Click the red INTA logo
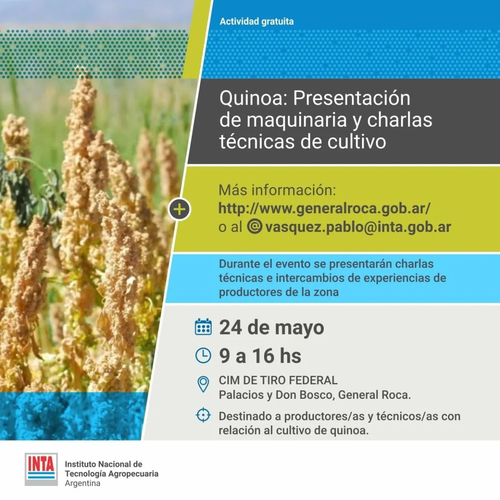(x=41, y=469)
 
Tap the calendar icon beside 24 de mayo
(x=203, y=327)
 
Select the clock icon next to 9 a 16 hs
(x=203, y=355)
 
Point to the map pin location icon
(x=203, y=384)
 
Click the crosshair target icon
(x=203, y=415)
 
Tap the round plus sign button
(x=179, y=210)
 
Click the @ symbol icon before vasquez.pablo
(x=255, y=226)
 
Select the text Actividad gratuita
(x=256, y=21)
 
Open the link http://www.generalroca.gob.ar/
(x=324, y=208)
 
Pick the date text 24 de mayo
(x=271, y=327)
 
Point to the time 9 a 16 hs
(x=260, y=356)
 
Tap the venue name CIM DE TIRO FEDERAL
(x=278, y=380)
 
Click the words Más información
(x=277, y=190)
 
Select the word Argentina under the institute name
(x=82, y=484)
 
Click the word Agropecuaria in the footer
(x=133, y=474)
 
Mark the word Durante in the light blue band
(x=239, y=264)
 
